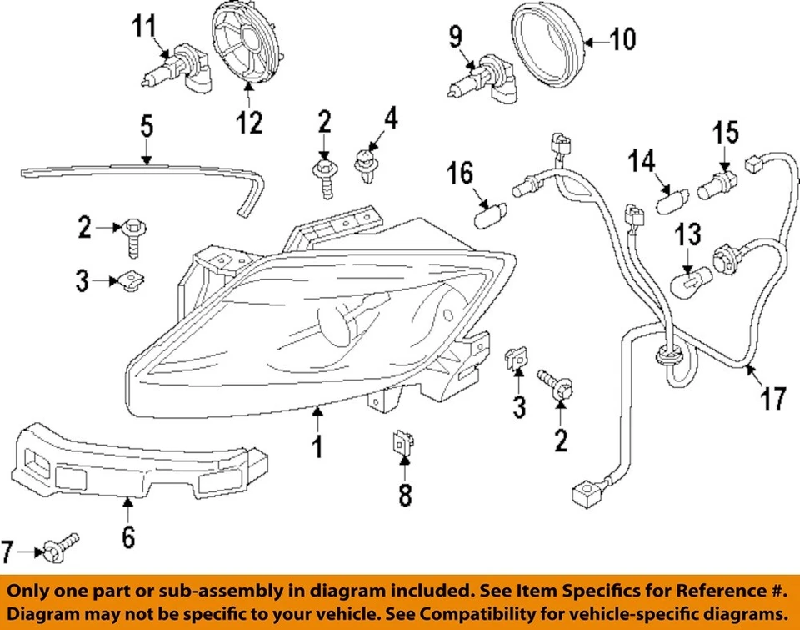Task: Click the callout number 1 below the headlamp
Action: click(x=317, y=446)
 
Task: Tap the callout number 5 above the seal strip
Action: click(x=146, y=128)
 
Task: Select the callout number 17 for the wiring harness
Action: click(x=774, y=398)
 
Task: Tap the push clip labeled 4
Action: click(x=364, y=166)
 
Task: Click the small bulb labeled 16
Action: click(x=484, y=219)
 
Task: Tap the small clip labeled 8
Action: click(x=402, y=445)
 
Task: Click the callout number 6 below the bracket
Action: click(x=127, y=537)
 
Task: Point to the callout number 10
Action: click(x=622, y=38)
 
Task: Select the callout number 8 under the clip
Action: click(x=404, y=495)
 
